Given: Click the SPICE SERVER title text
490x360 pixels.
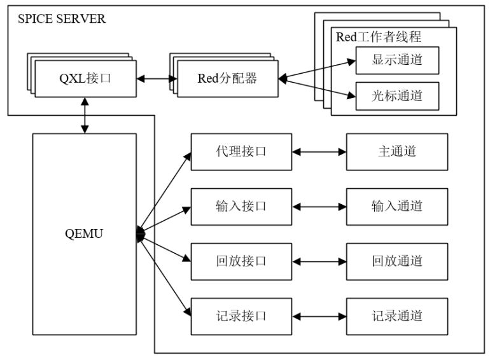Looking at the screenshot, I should tap(62, 18).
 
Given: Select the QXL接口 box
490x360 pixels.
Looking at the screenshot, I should tap(85, 79).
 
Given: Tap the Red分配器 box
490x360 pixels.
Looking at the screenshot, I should tap(227, 79).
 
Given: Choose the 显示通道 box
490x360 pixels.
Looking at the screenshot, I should tap(397, 60).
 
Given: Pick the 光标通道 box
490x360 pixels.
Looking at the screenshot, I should tap(397, 96).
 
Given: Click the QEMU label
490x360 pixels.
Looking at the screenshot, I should tap(85, 234).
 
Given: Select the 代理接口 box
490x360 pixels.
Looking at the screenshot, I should tap(241, 152).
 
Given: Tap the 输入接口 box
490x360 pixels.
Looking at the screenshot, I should tap(241, 207).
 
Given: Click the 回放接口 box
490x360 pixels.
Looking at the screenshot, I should tap(241, 261).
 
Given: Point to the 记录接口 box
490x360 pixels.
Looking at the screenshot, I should tap(241, 316).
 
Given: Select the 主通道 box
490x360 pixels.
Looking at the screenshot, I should tap(397, 152).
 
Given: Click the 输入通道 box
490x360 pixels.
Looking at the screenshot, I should tap(397, 207).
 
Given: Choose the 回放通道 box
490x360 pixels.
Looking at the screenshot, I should tap(397, 261).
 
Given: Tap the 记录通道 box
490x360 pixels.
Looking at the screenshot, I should tap(397, 316).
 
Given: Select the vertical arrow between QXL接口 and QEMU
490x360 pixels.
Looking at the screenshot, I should tap(85, 115).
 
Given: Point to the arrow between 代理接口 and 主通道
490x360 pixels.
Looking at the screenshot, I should tap(319, 152).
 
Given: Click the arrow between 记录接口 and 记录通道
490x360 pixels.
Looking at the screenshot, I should tap(319, 316).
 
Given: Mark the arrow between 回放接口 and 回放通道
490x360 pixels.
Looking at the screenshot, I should tap(319, 261).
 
